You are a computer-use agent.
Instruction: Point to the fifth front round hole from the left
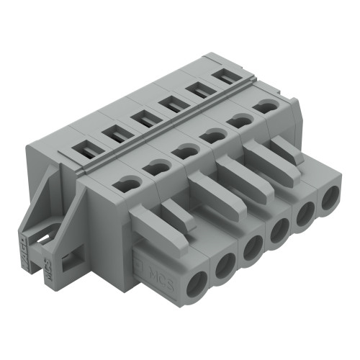305,215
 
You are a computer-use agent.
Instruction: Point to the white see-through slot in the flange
44,233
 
